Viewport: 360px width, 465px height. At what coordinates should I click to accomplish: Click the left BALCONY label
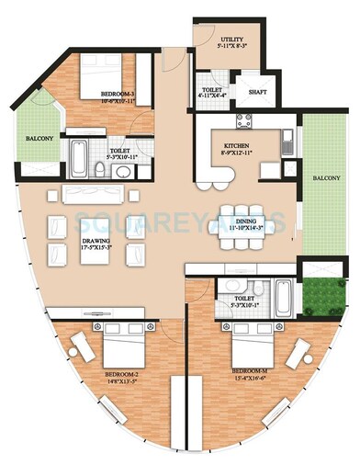tap(26, 140)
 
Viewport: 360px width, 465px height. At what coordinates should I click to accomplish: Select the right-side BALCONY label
tap(327, 177)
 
